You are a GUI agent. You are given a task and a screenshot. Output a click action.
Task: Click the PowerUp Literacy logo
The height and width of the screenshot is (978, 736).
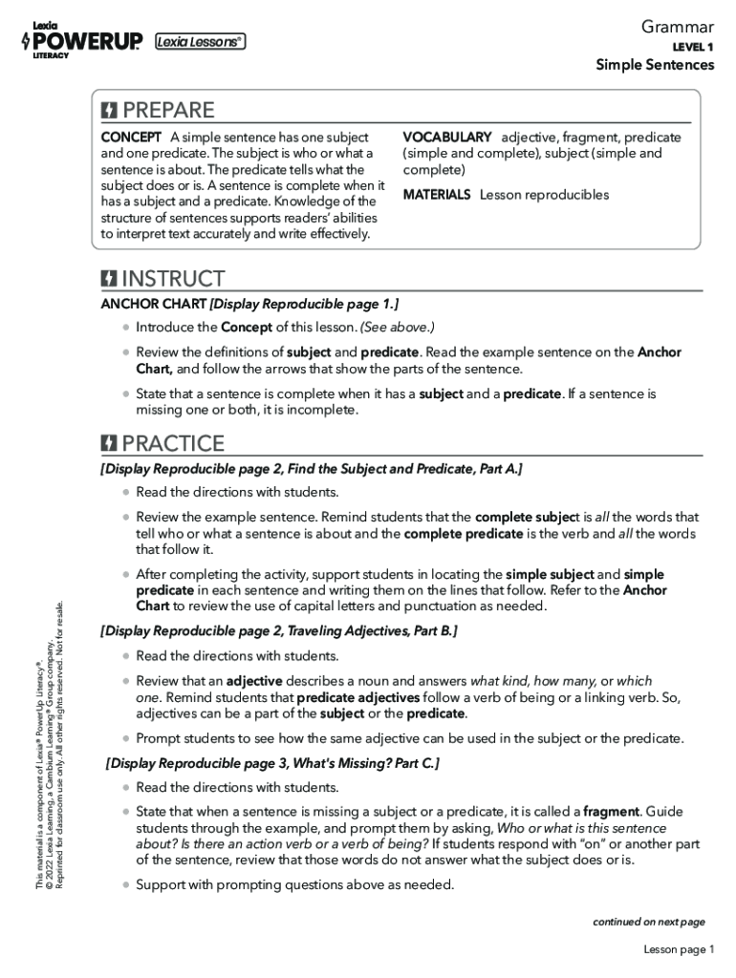pyautogui.click(x=81, y=40)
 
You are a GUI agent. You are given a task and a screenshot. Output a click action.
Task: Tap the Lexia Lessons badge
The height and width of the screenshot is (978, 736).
pyautogui.click(x=200, y=41)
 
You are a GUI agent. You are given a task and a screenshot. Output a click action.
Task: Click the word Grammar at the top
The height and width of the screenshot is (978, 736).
pyautogui.click(x=678, y=28)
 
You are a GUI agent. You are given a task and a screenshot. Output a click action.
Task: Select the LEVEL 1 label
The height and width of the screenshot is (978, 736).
pyautogui.click(x=693, y=47)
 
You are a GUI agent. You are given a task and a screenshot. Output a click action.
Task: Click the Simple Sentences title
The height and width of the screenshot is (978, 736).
pyautogui.click(x=655, y=65)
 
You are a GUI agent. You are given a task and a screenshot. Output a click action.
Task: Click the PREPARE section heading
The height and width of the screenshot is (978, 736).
pyautogui.click(x=168, y=110)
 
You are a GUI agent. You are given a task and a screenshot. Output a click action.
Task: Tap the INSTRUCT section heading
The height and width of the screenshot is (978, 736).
pyautogui.click(x=173, y=279)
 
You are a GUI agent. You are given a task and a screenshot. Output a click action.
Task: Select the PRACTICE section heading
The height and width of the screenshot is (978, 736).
pyautogui.click(x=173, y=443)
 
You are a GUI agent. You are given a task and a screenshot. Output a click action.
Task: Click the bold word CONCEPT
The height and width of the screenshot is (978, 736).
pyautogui.click(x=131, y=138)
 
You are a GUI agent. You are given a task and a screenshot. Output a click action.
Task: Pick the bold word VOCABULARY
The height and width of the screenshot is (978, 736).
pyautogui.click(x=447, y=138)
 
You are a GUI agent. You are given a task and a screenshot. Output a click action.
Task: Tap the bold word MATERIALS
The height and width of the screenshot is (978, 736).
pyautogui.click(x=437, y=195)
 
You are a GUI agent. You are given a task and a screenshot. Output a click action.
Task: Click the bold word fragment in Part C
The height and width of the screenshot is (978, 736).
pyautogui.click(x=611, y=812)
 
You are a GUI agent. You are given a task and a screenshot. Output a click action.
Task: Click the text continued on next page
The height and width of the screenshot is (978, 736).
pyautogui.click(x=648, y=922)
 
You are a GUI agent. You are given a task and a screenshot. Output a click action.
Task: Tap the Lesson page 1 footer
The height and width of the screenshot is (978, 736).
pyautogui.click(x=679, y=949)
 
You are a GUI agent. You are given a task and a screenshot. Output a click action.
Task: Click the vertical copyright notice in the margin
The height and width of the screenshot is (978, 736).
pyautogui.click(x=50, y=745)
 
